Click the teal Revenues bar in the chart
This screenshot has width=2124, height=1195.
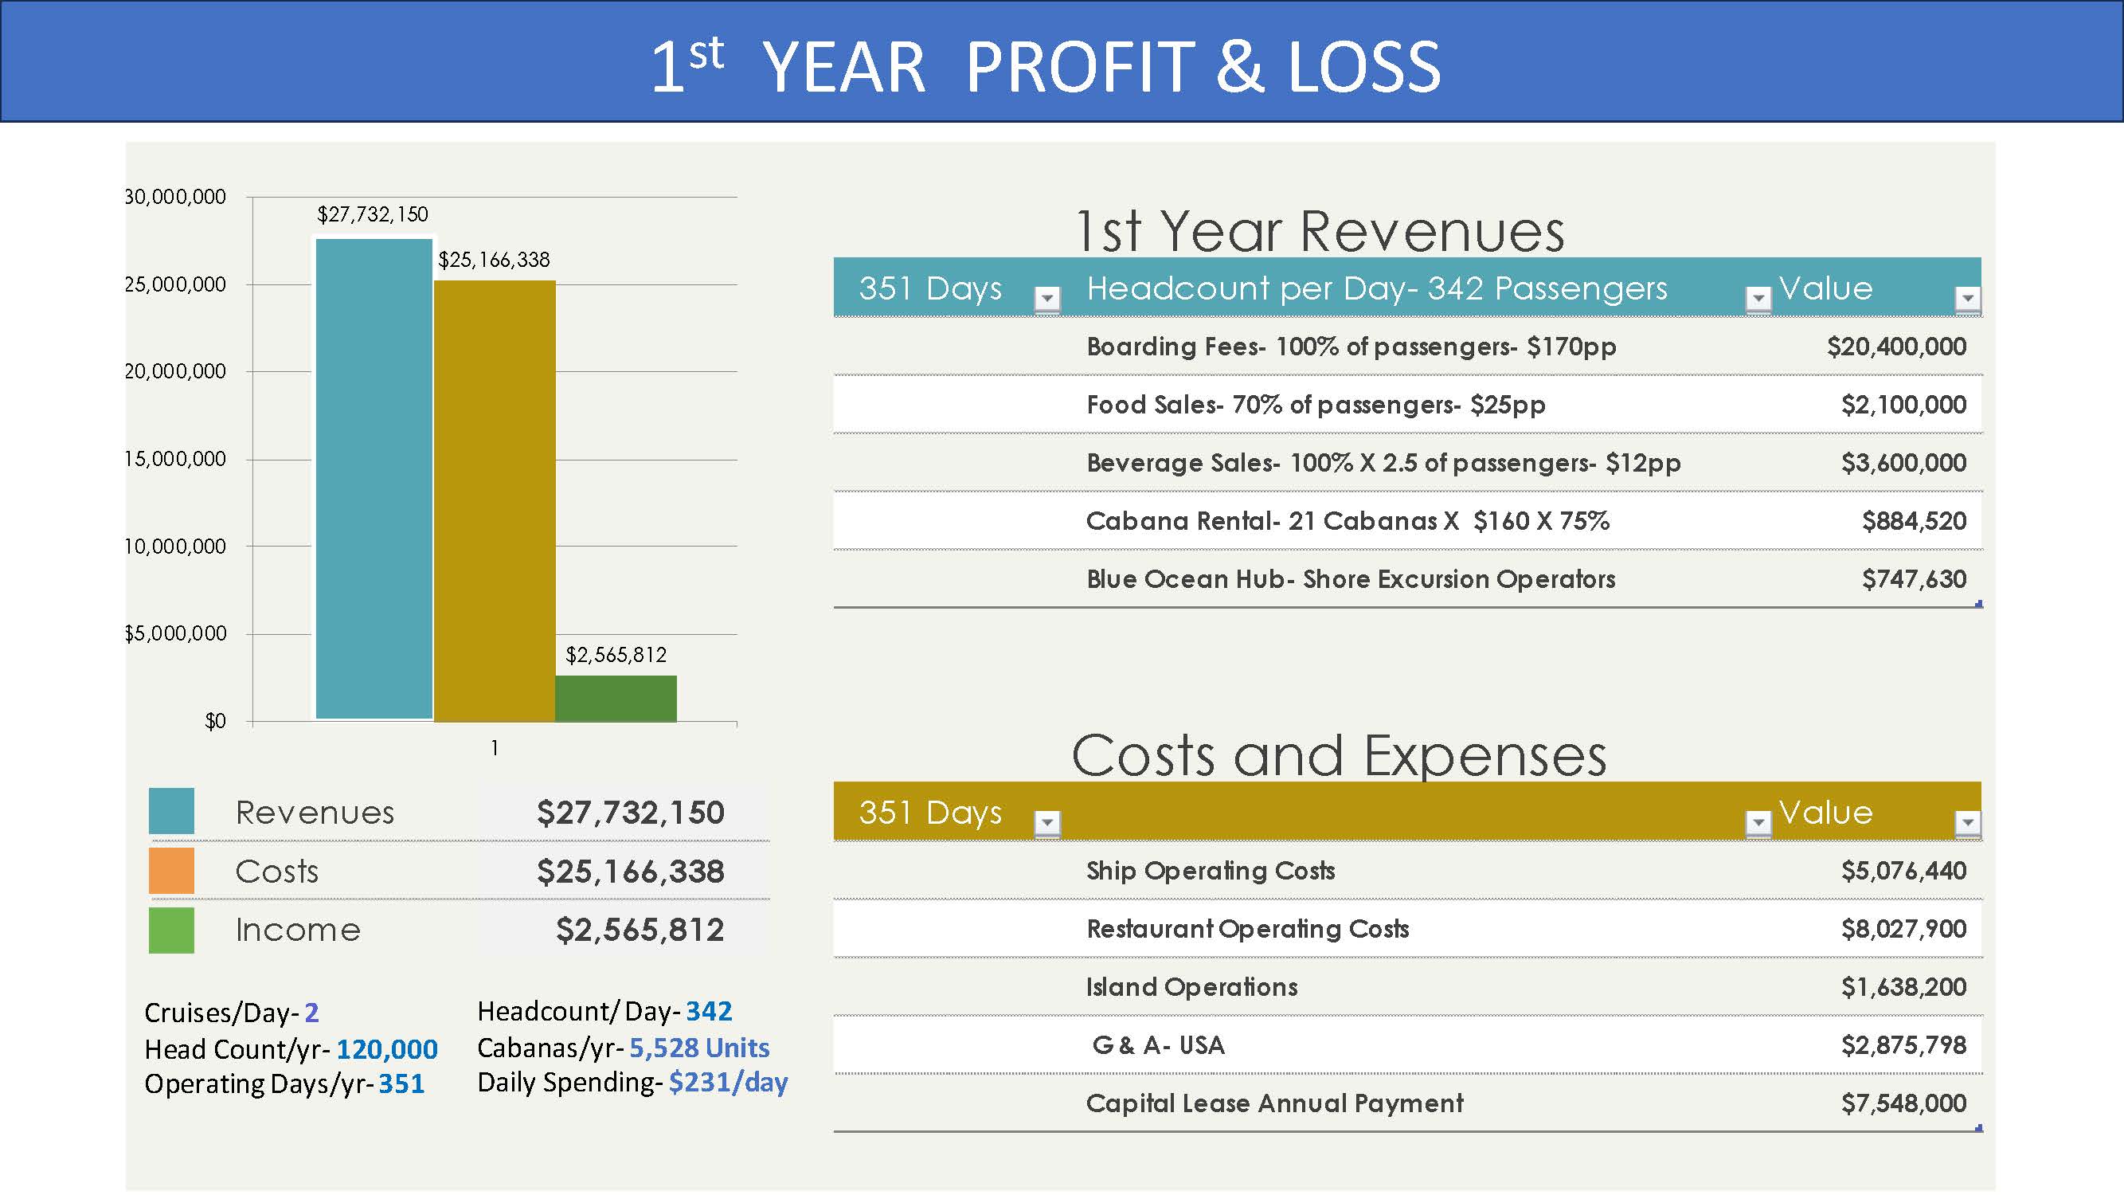(374, 478)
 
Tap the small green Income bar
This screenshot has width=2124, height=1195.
(616, 699)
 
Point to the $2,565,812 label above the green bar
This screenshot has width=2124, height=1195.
(616, 655)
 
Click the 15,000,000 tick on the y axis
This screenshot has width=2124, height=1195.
(174, 460)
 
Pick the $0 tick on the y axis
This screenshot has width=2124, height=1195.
(215, 722)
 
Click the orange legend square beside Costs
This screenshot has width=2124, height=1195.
(171, 871)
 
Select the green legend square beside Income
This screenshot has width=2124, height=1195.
(171, 931)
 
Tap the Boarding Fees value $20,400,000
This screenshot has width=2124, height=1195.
(1896, 347)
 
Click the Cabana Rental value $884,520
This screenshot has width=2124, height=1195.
(1914, 521)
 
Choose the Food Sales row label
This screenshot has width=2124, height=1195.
(1316, 405)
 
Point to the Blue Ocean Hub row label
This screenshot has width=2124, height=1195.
(1351, 580)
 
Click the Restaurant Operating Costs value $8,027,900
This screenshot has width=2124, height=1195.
(1904, 930)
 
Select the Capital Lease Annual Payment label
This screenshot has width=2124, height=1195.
(1275, 1103)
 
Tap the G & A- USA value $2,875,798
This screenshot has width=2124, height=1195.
(1904, 1046)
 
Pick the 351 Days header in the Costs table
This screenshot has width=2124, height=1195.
(930, 813)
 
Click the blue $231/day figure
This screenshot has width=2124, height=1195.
(728, 1082)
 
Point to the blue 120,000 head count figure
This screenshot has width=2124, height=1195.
(387, 1049)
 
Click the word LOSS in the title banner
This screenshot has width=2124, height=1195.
(1363, 68)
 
